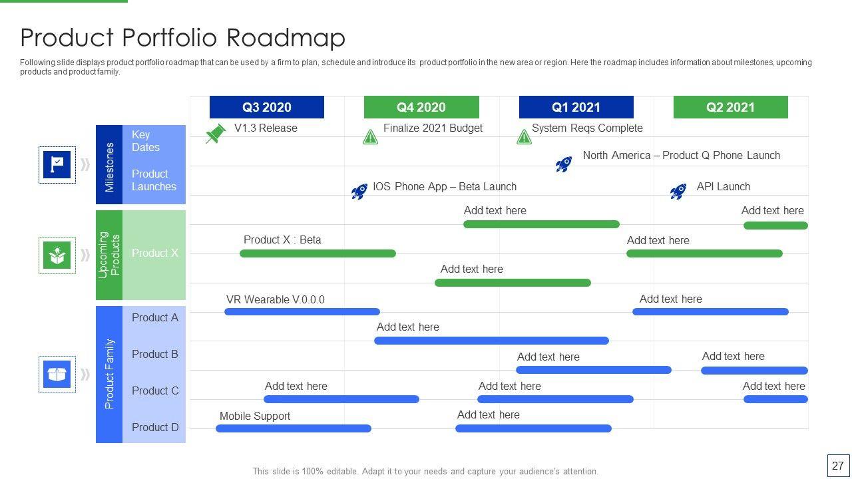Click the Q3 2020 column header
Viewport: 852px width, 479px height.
[267, 107]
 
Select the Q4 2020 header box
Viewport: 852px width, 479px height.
[421, 107]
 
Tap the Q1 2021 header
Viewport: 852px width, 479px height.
[576, 107]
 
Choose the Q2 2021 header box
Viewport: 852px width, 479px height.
[731, 107]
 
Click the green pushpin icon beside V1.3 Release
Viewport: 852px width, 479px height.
[216, 134]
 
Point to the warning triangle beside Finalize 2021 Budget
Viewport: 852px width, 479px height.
[370, 137]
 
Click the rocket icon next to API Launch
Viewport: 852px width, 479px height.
[678, 191]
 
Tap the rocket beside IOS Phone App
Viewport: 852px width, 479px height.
[359, 191]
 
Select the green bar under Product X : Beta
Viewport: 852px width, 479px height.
[318, 253]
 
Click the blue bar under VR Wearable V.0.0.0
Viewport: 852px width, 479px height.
[302, 312]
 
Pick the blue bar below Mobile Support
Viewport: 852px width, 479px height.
[294, 428]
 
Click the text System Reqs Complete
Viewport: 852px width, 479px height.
[587, 128]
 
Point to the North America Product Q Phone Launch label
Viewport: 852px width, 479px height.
[681, 156]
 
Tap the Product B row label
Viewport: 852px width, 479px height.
[155, 355]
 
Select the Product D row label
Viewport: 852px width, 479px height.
[155, 427]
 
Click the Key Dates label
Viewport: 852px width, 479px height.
[146, 141]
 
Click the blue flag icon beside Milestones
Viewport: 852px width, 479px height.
[57, 164]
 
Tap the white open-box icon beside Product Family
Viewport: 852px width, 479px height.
[57, 375]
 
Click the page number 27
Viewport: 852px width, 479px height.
[838, 466]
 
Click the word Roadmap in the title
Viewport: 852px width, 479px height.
[286, 38]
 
